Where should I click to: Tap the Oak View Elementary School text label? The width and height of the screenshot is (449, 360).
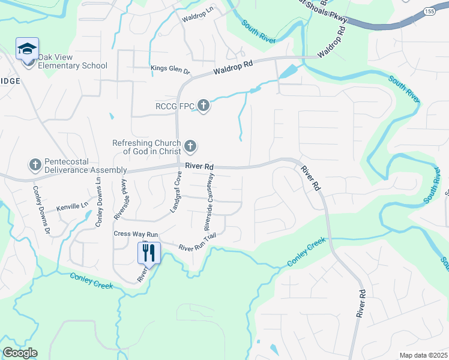tap(73, 62)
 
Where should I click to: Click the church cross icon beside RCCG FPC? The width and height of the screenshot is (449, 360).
tap(203, 107)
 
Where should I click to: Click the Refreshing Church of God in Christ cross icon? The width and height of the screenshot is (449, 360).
tap(190, 146)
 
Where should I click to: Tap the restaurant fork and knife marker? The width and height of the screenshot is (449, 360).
tap(148, 252)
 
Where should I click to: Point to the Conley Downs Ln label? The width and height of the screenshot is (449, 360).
tap(98, 200)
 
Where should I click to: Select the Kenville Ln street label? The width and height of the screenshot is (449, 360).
tap(71, 207)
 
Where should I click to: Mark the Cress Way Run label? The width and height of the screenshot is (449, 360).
tap(135, 233)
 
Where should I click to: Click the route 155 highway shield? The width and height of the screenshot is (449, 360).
tap(429, 11)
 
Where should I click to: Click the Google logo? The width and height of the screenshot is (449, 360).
tap(20, 353)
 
